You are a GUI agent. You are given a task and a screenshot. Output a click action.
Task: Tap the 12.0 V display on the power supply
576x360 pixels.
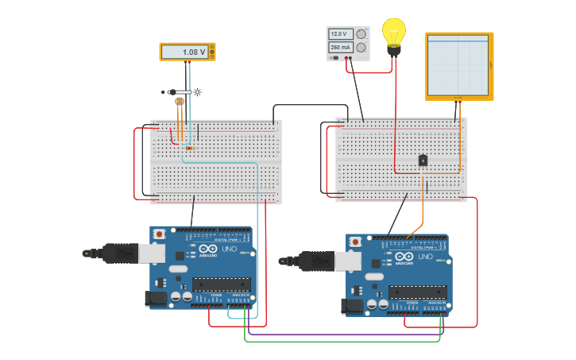[x=341, y=34]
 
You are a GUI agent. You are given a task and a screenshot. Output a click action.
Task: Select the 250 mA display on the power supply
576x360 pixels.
[x=341, y=48]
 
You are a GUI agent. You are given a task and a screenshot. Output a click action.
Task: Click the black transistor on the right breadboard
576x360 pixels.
[x=423, y=161]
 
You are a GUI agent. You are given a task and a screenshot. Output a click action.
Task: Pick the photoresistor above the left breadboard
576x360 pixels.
[x=179, y=102]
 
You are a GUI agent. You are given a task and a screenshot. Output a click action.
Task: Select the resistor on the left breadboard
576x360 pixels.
[x=189, y=148]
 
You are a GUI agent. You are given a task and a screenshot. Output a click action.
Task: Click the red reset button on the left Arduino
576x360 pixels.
[x=159, y=234]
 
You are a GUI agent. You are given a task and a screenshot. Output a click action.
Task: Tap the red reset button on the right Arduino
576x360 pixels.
[x=355, y=242]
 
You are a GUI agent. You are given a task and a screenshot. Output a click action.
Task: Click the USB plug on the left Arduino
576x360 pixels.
[x=119, y=253]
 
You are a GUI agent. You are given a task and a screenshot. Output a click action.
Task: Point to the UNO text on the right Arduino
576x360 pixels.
[x=426, y=257]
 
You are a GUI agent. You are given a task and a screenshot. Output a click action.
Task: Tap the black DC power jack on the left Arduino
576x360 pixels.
[x=155, y=298]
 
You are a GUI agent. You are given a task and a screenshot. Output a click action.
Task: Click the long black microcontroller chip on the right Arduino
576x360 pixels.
[x=417, y=292]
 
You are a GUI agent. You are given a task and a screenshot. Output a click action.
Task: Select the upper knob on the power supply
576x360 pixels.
[x=361, y=34]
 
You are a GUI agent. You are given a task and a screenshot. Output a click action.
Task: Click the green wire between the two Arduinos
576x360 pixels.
[x=342, y=342]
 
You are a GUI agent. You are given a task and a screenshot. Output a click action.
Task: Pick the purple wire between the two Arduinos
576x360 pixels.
[x=342, y=335]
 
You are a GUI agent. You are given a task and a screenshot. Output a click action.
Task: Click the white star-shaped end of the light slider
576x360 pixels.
[x=196, y=92]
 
